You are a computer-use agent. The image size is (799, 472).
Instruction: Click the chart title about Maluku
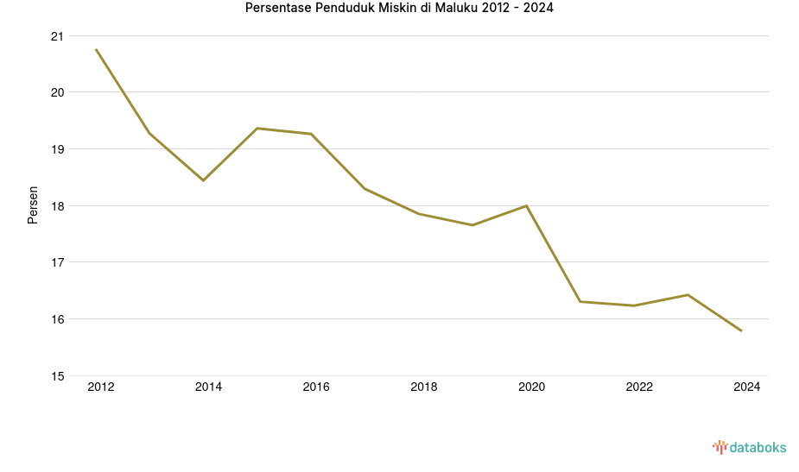399,9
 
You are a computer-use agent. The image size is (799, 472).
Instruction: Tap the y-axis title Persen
33,205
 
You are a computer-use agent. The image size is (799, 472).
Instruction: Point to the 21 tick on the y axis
57,36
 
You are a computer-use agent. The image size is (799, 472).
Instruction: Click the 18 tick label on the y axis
57,206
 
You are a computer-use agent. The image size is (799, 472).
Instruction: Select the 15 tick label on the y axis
57,376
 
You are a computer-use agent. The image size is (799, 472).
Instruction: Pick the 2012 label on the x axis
101,387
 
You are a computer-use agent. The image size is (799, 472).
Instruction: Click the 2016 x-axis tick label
316,387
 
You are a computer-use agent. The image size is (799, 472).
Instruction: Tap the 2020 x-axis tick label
531,387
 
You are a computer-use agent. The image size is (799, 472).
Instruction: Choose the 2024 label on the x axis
746,387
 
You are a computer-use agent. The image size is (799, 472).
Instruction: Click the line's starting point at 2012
96,49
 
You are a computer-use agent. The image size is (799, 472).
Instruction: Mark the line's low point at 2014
203,180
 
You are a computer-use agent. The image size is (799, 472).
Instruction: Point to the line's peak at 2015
257,129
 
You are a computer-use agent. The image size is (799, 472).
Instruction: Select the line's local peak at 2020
526,205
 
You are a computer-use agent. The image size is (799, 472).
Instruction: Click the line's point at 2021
580,301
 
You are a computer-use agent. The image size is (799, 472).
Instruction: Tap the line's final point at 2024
741,330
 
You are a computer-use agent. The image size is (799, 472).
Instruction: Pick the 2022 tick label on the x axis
639,387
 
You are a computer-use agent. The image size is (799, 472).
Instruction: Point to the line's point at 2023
688,295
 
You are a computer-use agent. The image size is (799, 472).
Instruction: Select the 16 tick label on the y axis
57,319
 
